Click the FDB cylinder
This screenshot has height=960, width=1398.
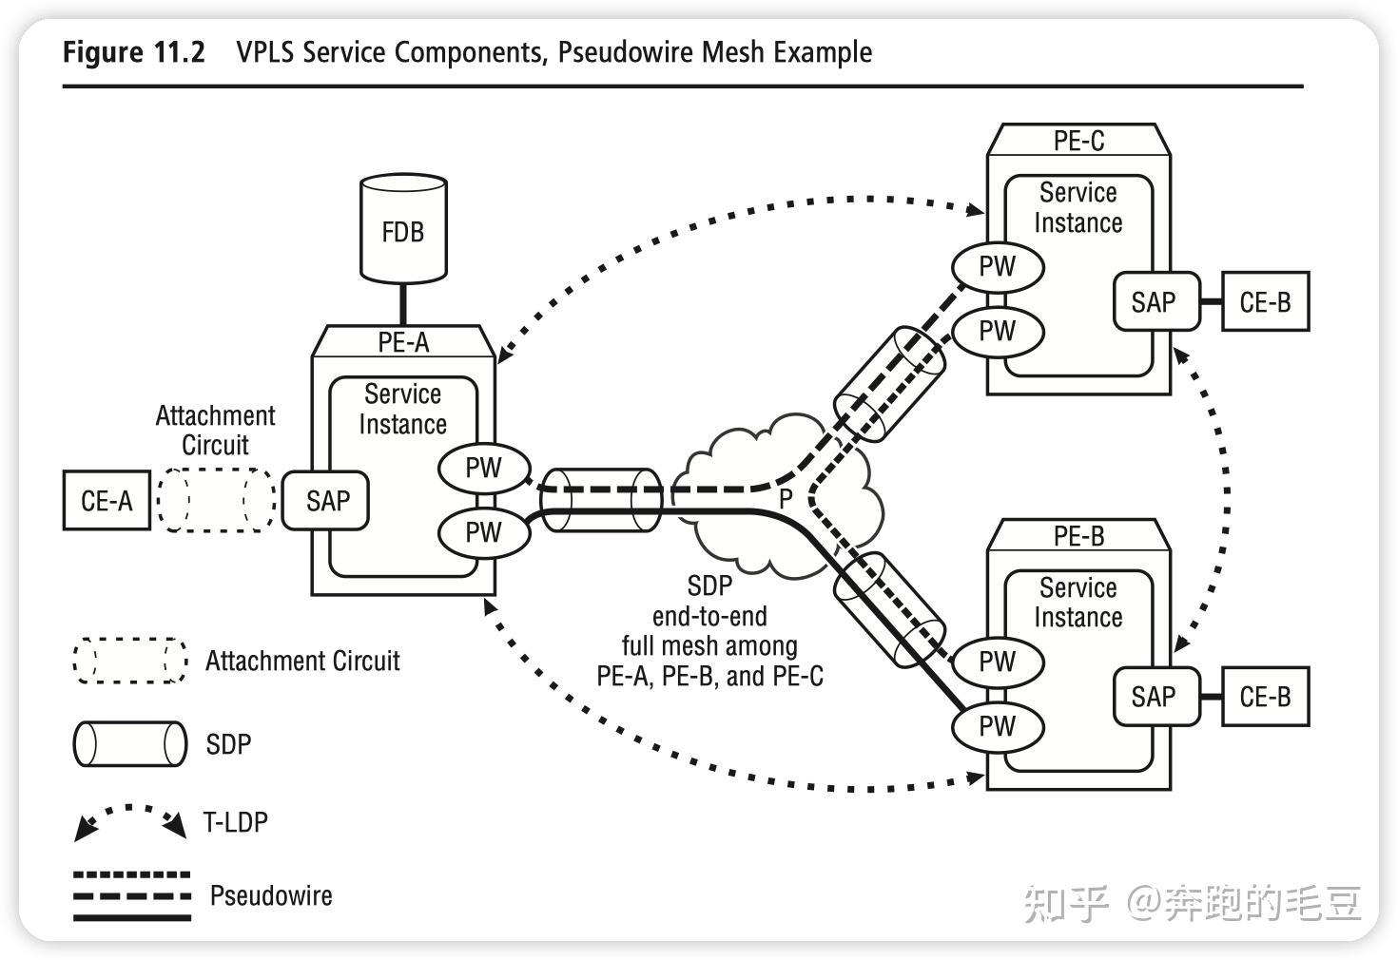pyautogui.click(x=403, y=230)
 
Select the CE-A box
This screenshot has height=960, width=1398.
pyautogui.click(x=107, y=500)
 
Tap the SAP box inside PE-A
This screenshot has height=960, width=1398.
pyautogui.click(x=326, y=501)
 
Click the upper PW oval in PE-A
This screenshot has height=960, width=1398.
pyautogui.click(x=483, y=468)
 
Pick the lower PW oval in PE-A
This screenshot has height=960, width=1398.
pyautogui.click(x=483, y=532)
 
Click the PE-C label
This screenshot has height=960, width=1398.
pyautogui.click(x=1078, y=141)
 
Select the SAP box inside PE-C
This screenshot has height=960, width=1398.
pyautogui.click(x=1154, y=302)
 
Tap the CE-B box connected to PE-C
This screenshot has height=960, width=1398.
pyautogui.click(x=1265, y=302)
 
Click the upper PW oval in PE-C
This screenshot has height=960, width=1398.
pyautogui.click(x=998, y=266)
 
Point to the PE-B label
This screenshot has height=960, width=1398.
pyautogui.click(x=1078, y=536)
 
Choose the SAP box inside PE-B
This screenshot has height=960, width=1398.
pyautogui.click(x=1154, y=697)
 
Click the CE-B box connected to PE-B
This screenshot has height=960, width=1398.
pyautogui.click(x=1265, y=697)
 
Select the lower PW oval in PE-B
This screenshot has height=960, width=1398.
pyautogui.click(x=998, y=727)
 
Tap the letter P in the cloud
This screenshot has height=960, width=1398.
pyautogui.click(x=786, y=498)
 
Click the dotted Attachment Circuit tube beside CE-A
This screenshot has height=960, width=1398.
pyautogui.click(x=217, y=500)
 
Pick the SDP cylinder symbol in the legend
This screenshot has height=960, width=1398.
pyautogui.click(x=130, y=744)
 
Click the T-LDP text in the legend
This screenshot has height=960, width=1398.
pyautogui.click(x=236, y=822)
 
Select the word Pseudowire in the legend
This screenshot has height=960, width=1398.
pyautogui.click(x=271, y=895)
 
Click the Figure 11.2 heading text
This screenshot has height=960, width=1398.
pyautogui.click(x=134, y=51)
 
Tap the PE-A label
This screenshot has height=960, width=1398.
pyautogui.click(x=403, y=342)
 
